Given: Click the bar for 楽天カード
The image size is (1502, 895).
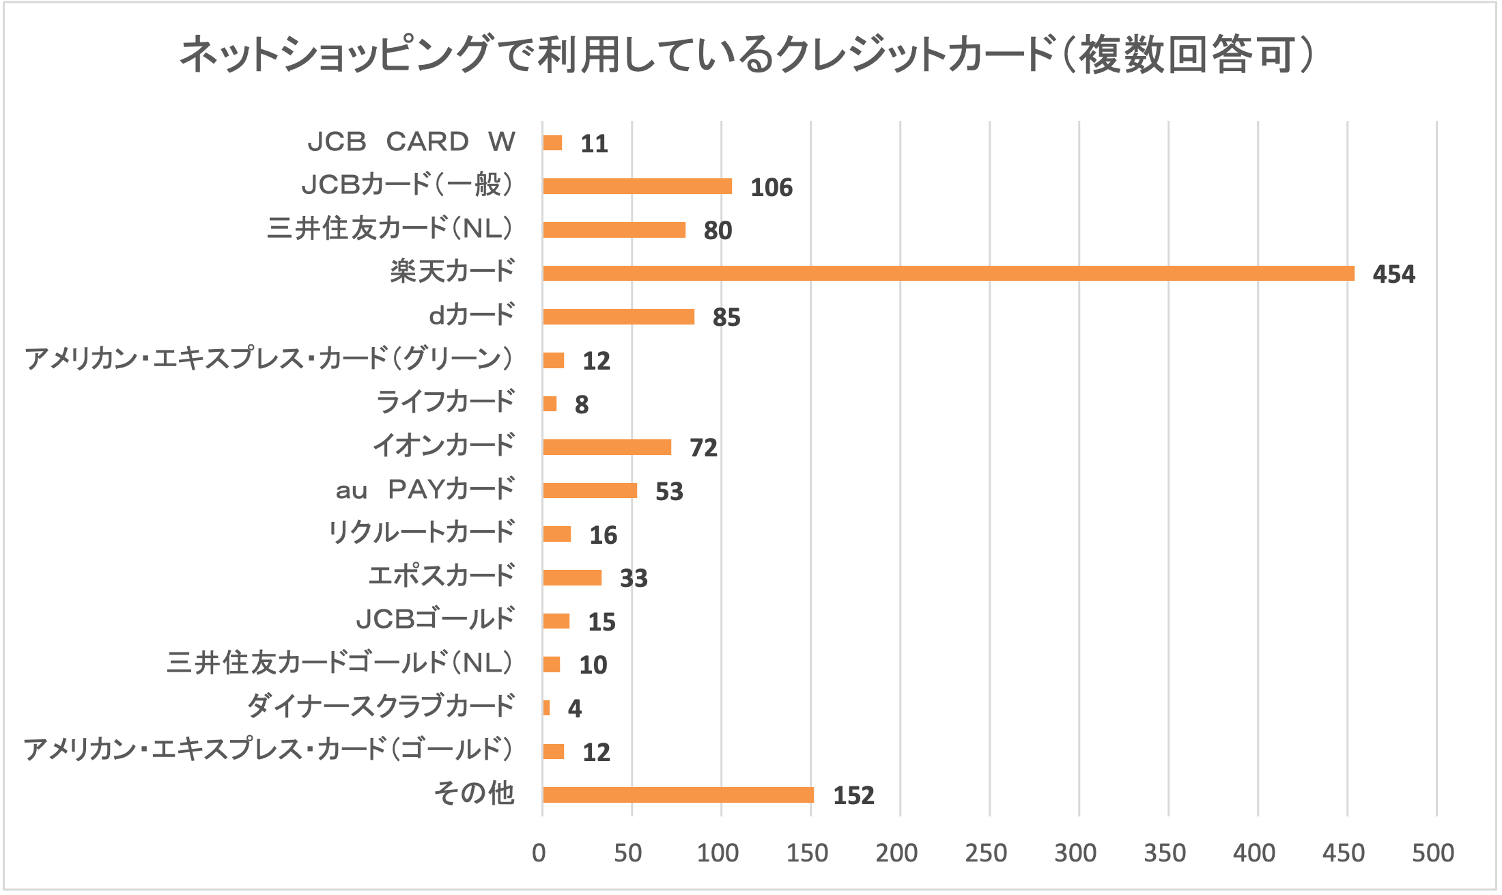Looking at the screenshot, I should coord(948,273).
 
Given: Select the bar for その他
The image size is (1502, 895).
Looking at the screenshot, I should coord(678,795).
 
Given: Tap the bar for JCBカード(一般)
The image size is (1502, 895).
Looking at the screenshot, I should coord(637,186).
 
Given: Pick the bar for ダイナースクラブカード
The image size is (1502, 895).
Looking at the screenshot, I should coord(546,708).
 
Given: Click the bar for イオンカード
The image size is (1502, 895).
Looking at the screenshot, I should coord(607,447).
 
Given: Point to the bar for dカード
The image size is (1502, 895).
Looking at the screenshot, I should coord(619,316).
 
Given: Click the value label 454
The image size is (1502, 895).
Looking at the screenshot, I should coord(1393,274).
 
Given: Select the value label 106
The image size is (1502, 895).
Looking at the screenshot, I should coord(771,187).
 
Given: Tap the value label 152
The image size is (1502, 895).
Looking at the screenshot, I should coord(853,795).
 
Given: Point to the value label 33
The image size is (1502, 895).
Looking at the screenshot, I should coord(634,578).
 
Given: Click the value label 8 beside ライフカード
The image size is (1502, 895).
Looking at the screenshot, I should coord(581,404).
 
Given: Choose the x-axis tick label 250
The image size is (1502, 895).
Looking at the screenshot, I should coord(986,853).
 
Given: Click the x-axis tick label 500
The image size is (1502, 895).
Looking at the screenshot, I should coord(1433,853).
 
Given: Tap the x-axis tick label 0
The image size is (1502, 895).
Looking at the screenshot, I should coord(539,853).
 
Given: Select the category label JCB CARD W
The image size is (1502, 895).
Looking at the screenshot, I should coord(411,141).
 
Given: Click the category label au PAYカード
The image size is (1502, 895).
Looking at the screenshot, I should coord(425,489).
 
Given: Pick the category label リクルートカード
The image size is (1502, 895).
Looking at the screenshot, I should coord(421,532).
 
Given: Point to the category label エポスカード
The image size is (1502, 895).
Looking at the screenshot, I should coord(441,575).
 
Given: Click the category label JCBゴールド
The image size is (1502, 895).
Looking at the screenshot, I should coord(435,619).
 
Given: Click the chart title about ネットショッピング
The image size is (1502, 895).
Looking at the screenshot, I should coord(747,55).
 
